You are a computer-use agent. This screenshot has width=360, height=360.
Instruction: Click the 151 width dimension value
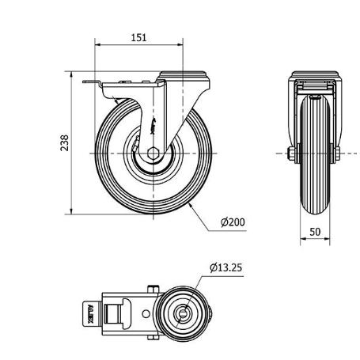(x=139, y=37)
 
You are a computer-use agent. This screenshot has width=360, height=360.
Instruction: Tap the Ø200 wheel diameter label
(x=233, y=222)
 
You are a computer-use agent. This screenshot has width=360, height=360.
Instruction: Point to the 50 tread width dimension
(x=316, y=233)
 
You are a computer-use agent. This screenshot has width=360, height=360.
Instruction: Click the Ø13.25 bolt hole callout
(x=226, y=267)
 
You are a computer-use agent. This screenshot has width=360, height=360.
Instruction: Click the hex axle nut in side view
(x=156, y=153)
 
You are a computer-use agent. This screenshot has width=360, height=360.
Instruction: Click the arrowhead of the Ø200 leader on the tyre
(x=193, y=203)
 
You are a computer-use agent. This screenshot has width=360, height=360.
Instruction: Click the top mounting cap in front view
(x=316, y=77)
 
